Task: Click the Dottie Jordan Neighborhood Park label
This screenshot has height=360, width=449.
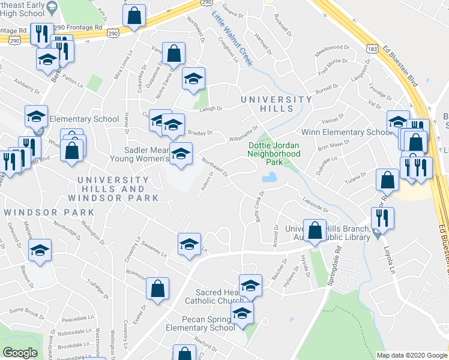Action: (x=274, y=154)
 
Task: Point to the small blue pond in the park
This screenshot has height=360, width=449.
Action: (x=269, y=177)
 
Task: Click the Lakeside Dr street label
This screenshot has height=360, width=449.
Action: (x=316, y=206)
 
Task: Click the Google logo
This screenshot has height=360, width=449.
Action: (x=20, y=352)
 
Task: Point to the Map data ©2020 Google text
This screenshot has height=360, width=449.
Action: (x=411, y=355)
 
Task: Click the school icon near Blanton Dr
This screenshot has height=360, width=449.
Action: (x=40, y=250)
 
